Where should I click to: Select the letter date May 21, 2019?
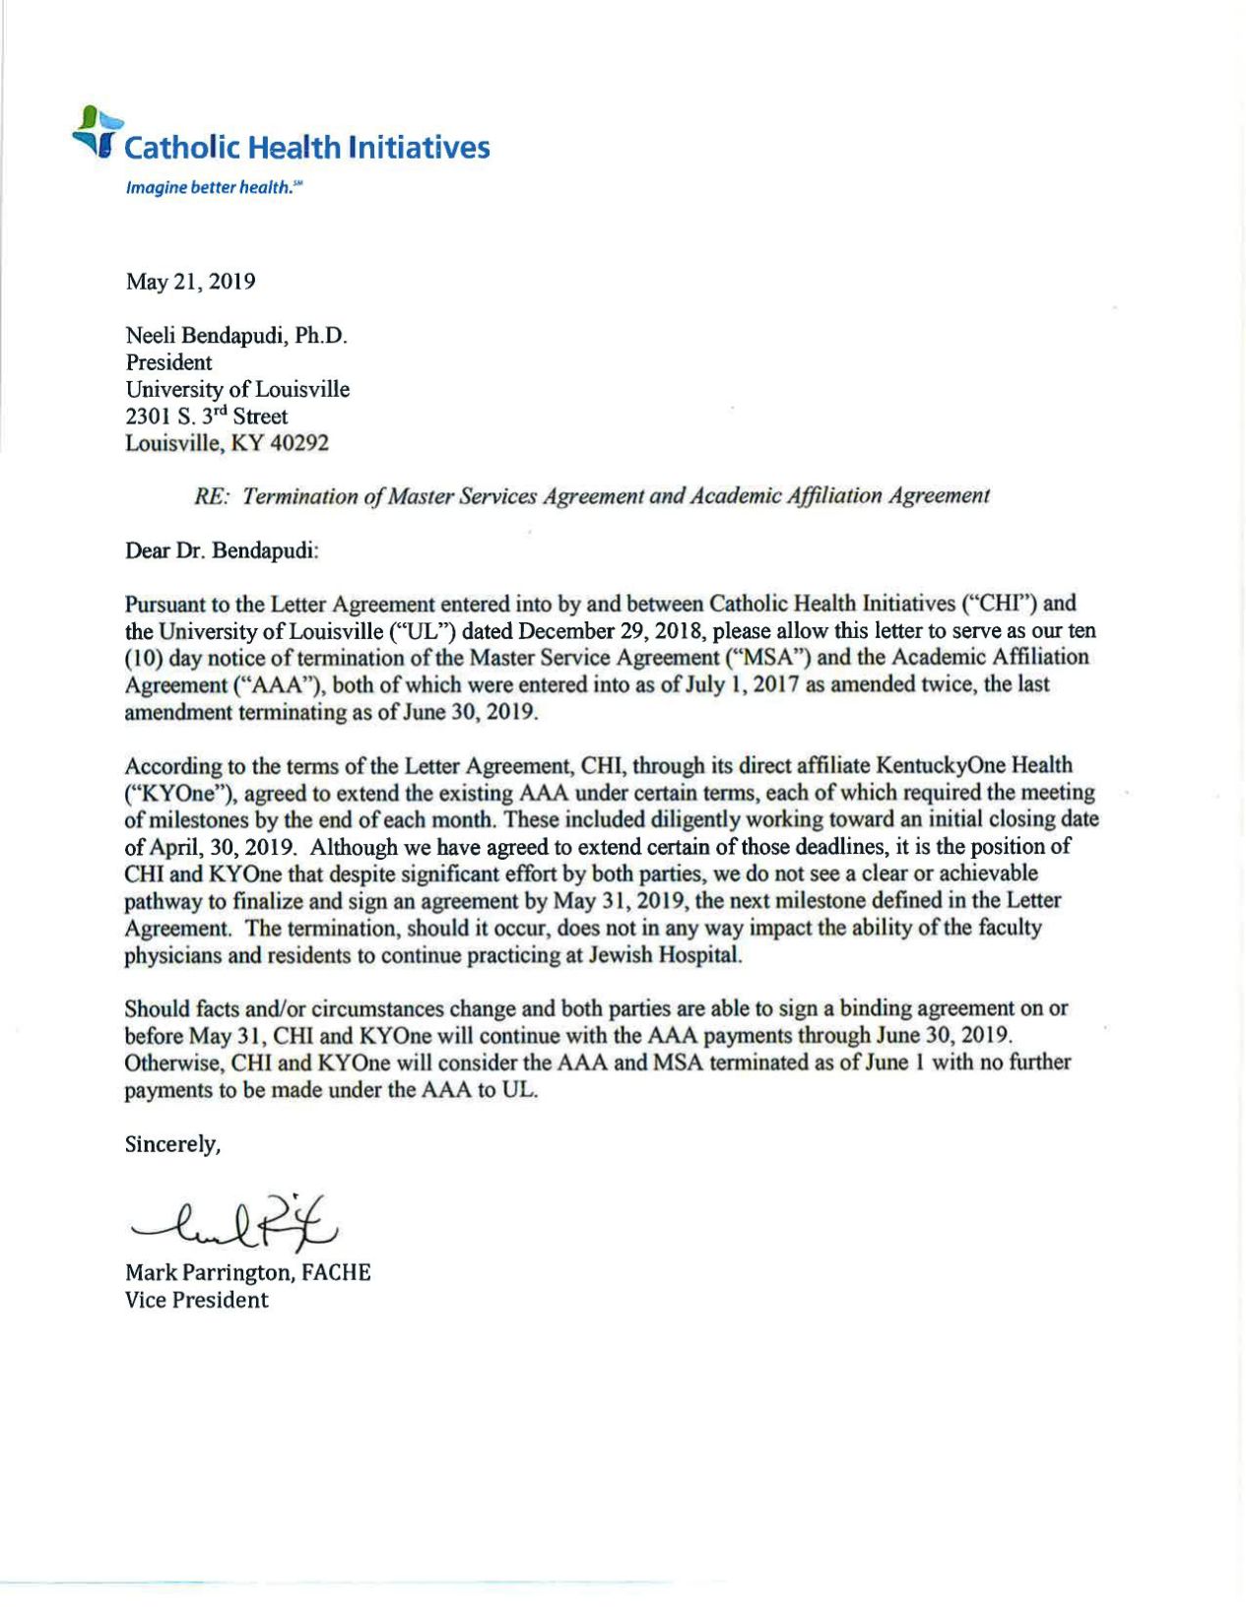click(x=190, y=282)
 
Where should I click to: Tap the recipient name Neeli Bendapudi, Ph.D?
click(x=236, y=336)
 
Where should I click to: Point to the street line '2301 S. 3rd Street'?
click(x=206, y=417)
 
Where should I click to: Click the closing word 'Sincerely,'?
click(x=172, y=1144)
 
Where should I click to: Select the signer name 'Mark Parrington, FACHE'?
click(x=247, y=1272)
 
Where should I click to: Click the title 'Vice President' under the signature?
click(x=196, y=1300)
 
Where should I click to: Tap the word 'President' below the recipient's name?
click(x=168, y=362)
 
